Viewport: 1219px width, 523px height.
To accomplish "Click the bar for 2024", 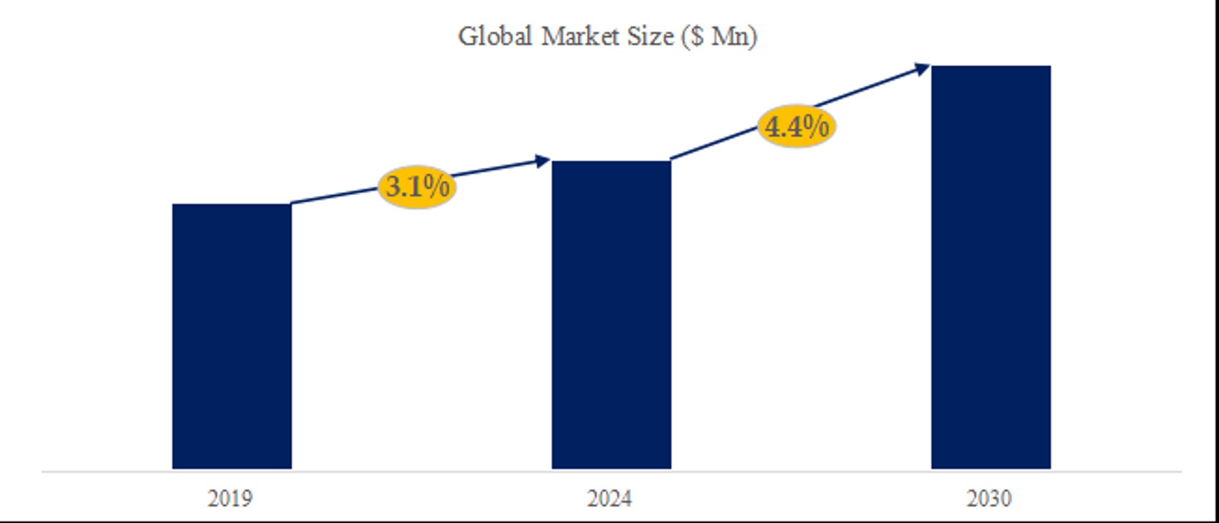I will [611, 315].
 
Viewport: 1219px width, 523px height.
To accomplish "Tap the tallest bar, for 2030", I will [991, 268].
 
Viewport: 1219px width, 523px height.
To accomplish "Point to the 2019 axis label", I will [230, 498].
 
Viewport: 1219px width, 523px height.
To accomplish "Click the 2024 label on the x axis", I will [609, 498].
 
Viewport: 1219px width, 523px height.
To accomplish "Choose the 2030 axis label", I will [989, 498].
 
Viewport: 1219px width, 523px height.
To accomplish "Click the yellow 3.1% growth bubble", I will [417, 187].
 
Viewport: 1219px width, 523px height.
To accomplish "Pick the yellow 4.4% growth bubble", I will [796, 127].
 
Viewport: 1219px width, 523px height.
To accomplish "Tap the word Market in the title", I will [580, 37].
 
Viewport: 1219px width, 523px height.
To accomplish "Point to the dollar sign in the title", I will [696, 37].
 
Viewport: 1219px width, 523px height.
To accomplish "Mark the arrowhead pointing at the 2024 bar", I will [543, 161].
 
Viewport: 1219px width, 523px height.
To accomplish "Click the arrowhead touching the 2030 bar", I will [922, 69].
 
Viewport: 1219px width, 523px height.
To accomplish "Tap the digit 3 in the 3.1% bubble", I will [393, 187].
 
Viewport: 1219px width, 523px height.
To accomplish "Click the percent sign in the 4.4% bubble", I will [817, 127].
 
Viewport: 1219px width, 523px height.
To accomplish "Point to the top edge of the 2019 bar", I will [232, 205].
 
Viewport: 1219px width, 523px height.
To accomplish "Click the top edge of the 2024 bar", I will [611, 162].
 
